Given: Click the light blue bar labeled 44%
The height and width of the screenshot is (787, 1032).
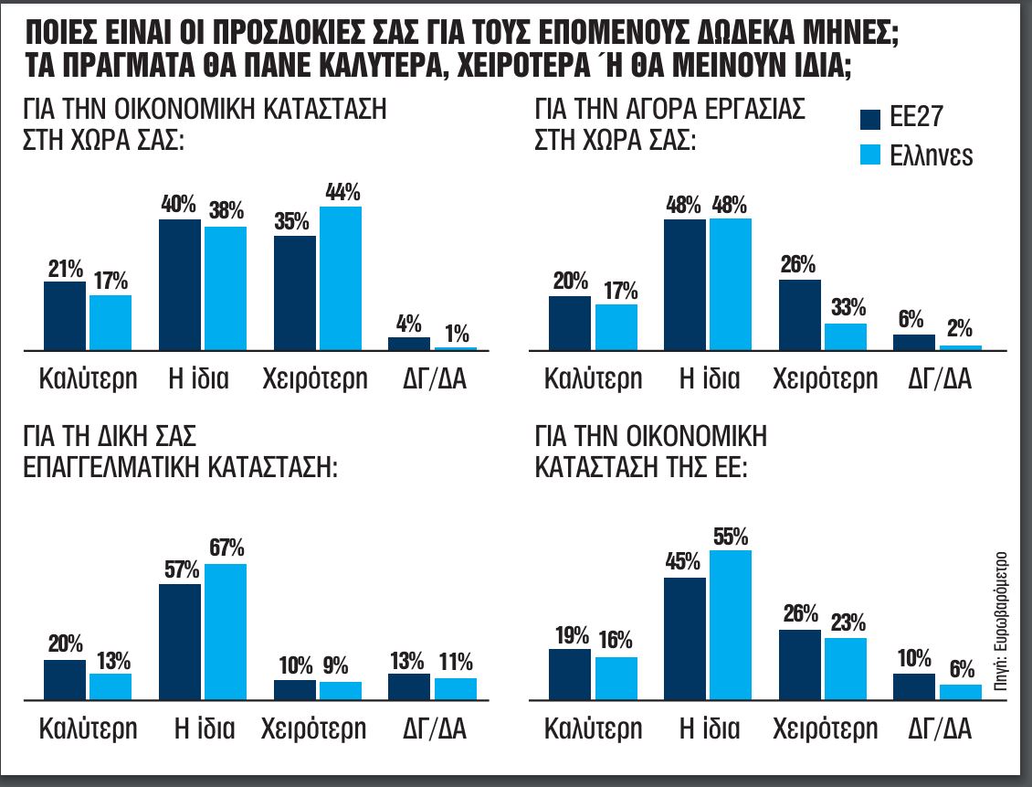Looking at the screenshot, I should [340, 278].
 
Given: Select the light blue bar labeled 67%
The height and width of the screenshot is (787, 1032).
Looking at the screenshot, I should [225, 632].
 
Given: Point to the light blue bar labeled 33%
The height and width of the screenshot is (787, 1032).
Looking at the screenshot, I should [845, 336].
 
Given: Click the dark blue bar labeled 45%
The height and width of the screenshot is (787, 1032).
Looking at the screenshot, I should [684, 639].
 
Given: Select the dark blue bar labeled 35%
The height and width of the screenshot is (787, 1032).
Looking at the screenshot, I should [294, 292].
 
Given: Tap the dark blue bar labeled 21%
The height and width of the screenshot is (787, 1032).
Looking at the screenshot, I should [65, 315].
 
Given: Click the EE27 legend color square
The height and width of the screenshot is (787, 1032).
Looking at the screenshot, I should [871, 119].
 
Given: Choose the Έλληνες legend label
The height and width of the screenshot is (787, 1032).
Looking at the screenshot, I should [932, 155].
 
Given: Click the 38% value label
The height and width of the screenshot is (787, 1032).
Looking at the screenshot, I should [225, 211].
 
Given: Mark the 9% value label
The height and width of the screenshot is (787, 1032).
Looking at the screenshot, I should [340, 665].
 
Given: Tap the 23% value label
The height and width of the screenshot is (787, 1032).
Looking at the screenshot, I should [845, 622].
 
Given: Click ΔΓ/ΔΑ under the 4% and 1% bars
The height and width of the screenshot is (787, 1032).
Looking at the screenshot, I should [435, 378].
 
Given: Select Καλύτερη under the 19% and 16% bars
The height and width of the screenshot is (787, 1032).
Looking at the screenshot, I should [594, 729].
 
